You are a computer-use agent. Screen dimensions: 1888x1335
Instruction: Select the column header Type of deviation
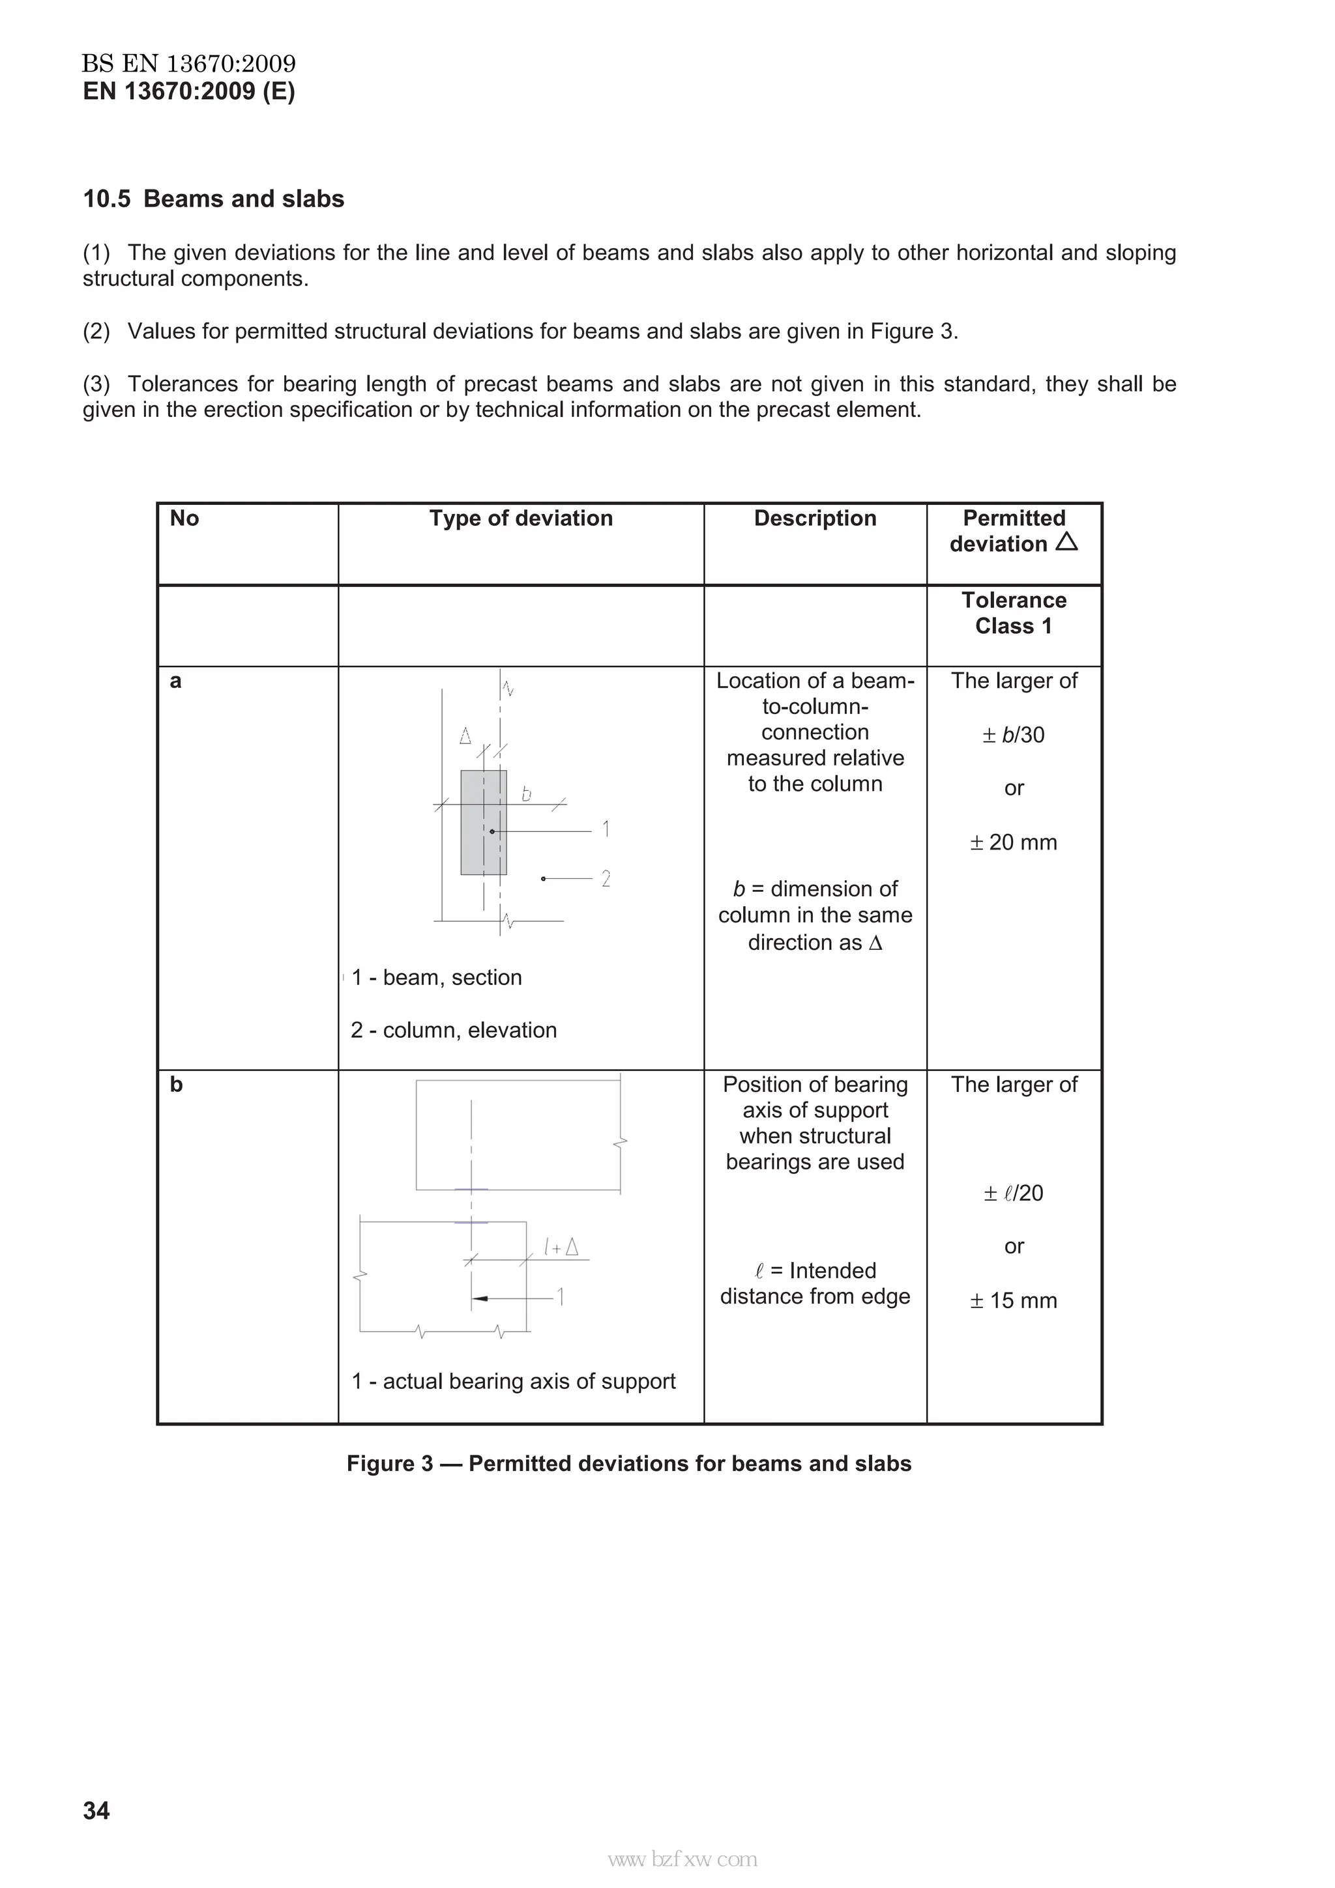[521, 518]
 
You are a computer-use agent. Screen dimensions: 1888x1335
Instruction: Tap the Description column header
[814, 518]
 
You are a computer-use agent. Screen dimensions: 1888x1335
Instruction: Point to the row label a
[175, 681]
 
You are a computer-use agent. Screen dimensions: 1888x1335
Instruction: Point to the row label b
[176, 1085]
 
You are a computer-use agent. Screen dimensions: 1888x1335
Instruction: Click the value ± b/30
[1014, 734]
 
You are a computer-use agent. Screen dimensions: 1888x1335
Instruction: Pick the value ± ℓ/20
[1014, 1192]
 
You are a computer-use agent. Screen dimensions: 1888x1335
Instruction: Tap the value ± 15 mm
[1014, 1300]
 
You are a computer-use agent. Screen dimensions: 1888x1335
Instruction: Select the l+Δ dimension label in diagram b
[561, 1248]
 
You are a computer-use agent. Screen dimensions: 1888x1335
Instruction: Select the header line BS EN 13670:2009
[188, 63]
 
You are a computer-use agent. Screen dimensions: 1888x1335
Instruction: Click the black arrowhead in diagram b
[480, 1298]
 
